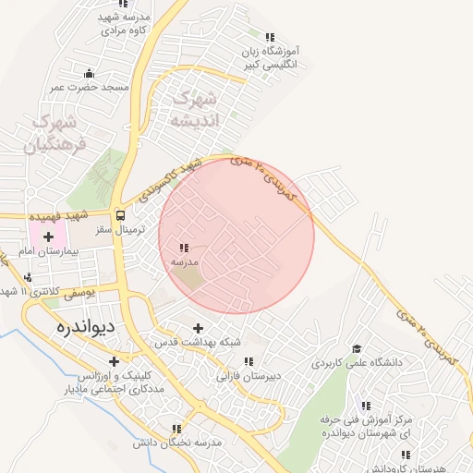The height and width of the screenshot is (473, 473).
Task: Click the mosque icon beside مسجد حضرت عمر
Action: pos(89,73)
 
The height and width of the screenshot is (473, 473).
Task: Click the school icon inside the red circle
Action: pos(184,248)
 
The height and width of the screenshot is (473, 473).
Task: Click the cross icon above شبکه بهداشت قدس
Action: pos(198,328)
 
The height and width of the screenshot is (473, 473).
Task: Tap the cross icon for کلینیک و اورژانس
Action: pos(114,361)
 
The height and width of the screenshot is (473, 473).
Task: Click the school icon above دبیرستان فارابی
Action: pos(248,361)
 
